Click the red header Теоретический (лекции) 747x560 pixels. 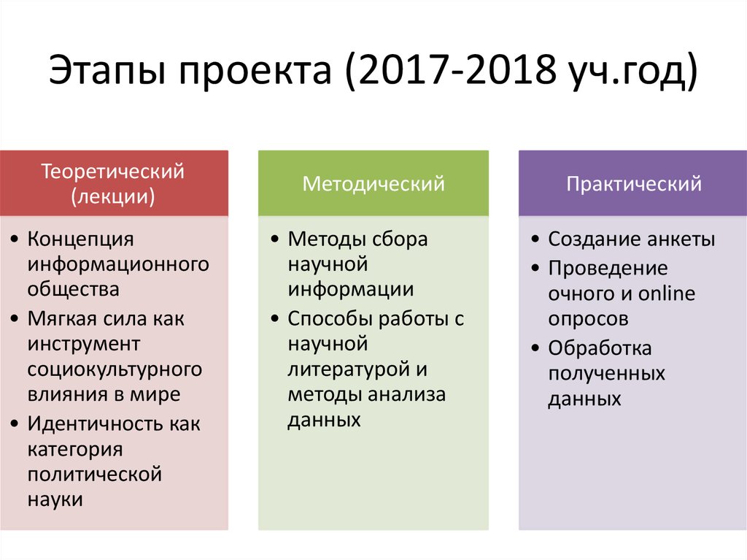(x=113, y=184)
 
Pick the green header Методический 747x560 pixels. (x=373, y=183)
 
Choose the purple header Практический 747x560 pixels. (x=633, y=183)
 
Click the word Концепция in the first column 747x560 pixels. (x=81, y=239)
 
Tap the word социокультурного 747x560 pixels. (x=115, y=369)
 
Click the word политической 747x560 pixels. (x=94, y=474)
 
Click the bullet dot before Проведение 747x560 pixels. (x=535, y=269)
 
